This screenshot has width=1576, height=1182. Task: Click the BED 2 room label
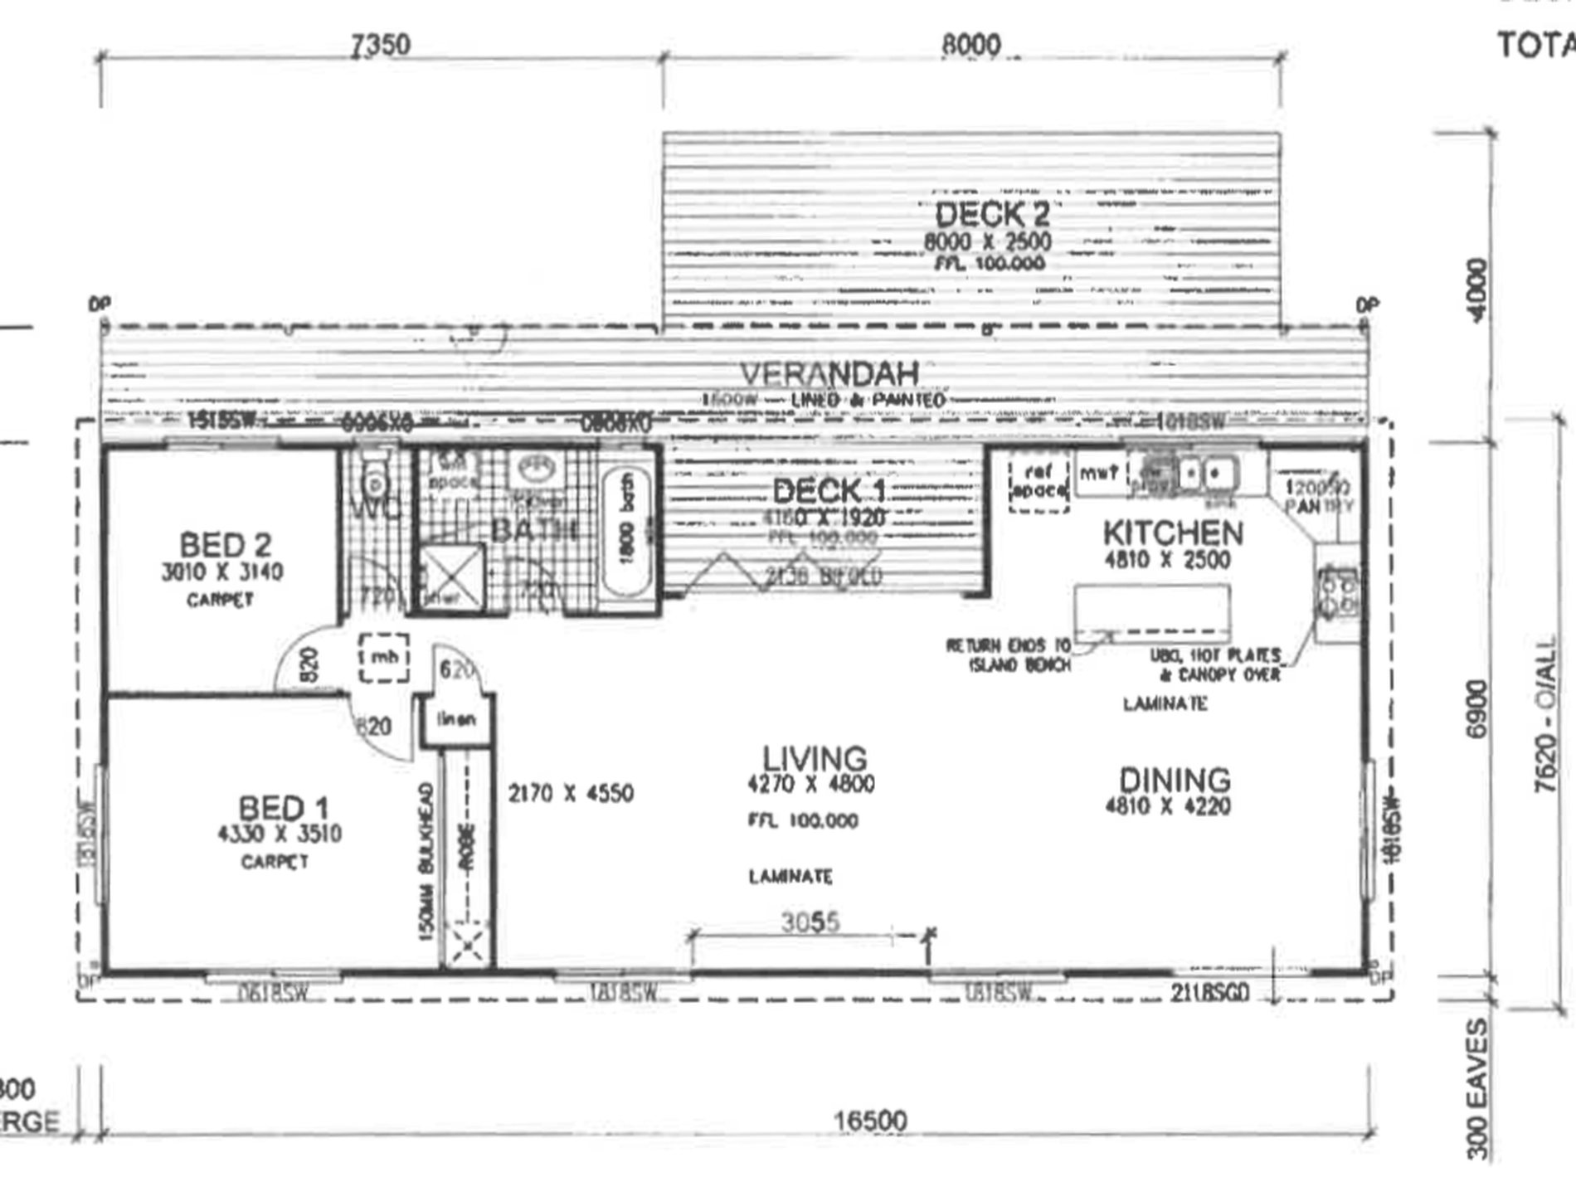click(225, 546)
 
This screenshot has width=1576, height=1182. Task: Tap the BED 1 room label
click(283, 808)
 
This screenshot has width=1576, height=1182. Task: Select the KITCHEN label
click(1173, 533)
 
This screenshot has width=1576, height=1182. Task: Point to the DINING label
click(1175, 780)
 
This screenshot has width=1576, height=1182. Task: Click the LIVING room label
click(815, 758)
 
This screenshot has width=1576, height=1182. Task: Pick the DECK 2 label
click(992, 215)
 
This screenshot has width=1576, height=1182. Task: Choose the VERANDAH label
click(829, 374)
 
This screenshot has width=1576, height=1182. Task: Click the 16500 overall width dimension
click(870, 1121)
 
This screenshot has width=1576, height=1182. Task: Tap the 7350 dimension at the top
click(380, 45)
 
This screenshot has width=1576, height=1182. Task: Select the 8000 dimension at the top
click(971, 45)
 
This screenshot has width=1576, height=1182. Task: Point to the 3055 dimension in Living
click(810, 922)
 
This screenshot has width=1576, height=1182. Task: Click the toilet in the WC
click(375, 479)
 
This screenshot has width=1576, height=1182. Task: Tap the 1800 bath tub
click(626, 531)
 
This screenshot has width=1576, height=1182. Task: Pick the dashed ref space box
click(1039, 482)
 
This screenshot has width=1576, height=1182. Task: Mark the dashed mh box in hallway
click(384, 658)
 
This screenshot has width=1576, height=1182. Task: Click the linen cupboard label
click(456, 719)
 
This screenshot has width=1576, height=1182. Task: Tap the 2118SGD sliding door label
click(1209, 992)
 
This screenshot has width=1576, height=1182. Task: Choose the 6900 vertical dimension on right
click(1477, 708)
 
